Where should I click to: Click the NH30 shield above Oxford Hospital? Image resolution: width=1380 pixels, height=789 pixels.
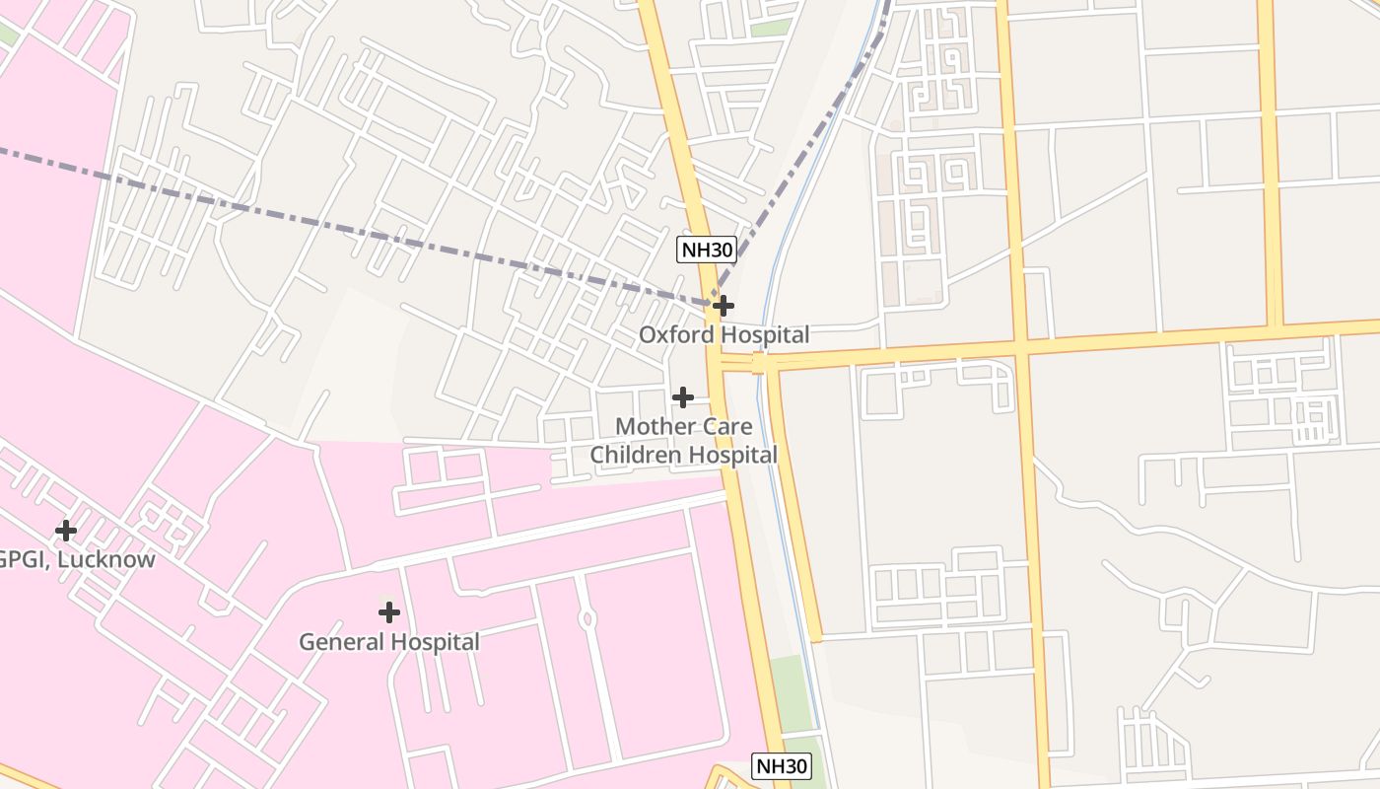(708, 250)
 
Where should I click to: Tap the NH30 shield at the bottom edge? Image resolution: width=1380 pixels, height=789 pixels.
(782, 765)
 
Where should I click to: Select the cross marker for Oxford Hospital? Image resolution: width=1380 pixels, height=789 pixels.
(723, 306)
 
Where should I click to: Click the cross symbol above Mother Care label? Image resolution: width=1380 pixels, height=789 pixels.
(682, 397)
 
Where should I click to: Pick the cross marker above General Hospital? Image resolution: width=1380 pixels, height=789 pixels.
(389, 612)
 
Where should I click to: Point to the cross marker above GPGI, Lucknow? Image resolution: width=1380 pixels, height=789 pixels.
(66, 531)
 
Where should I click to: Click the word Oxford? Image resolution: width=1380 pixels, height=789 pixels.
(676, 335)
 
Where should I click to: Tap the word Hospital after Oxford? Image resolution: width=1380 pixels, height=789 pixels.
(765, 335)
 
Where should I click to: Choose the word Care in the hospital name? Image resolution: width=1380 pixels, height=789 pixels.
(728, 427)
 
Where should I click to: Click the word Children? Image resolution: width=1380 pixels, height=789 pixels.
(635, 455)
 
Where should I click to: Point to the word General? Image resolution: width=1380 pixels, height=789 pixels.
(338, 642)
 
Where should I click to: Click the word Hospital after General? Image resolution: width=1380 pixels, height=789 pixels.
(435, 642)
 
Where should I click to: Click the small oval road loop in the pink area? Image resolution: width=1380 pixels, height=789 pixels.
(587, 619)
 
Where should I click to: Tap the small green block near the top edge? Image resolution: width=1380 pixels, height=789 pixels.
(772, 28)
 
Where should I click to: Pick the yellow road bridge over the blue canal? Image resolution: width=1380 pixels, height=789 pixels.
(759, 363)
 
